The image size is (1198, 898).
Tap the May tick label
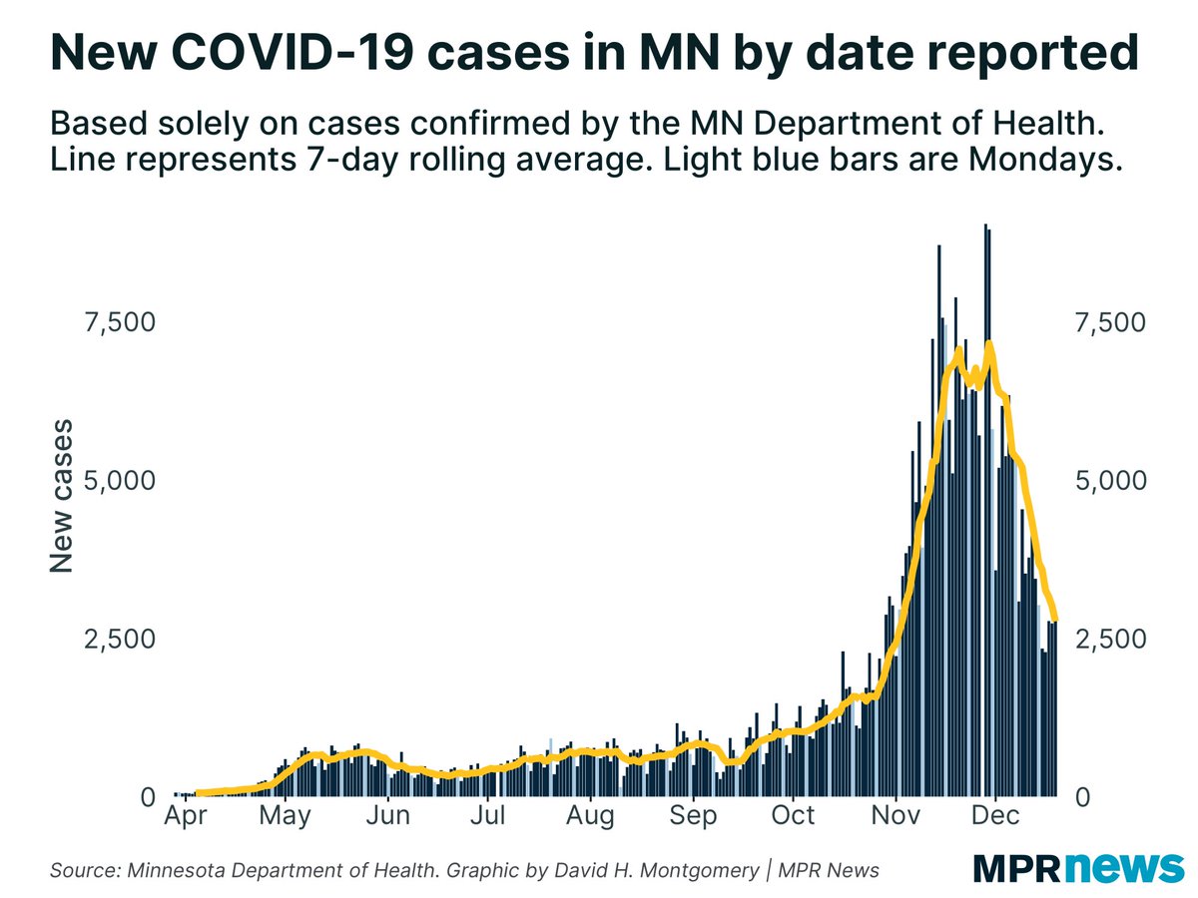(285, 818)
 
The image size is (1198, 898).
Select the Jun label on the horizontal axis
(387, 818)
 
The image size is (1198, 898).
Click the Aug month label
(591, 818)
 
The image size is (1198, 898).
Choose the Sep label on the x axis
(694, 818)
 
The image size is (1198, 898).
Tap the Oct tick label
(794, 818)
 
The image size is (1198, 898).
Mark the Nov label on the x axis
(897, 818)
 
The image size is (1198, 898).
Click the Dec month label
(996, 818)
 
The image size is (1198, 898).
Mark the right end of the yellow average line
(1056, 621)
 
